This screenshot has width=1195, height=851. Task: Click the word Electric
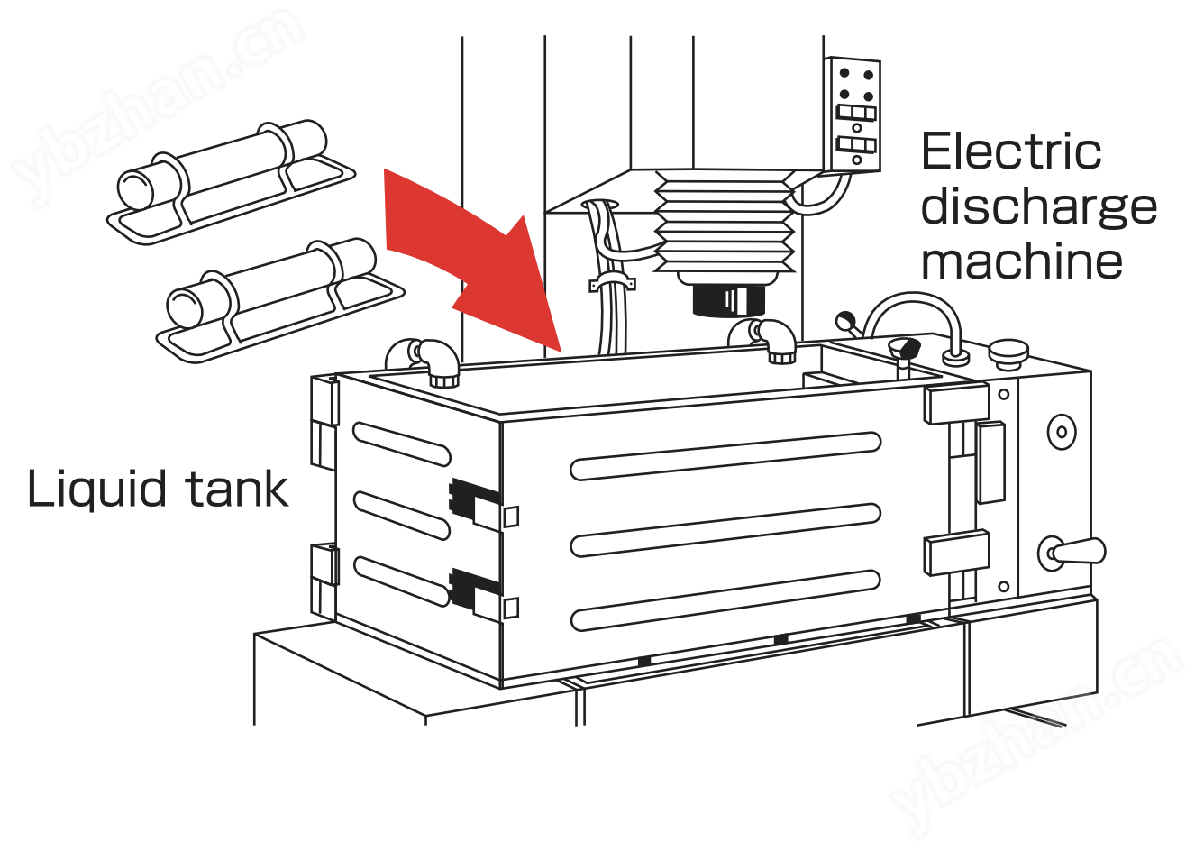coord(1011,151)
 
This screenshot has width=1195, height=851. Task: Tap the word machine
coord(1022,261)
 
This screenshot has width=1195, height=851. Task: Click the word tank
coord(238,490)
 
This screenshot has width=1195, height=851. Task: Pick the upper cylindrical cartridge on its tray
coord(231,181)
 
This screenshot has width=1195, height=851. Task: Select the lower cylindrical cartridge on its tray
coord(280,300)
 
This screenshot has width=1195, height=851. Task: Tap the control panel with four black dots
coord(852,114)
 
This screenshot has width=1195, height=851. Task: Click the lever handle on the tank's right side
coord(1072,553)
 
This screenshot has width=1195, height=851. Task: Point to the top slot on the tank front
coord(725,456)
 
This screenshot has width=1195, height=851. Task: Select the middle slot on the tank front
coord(725,530)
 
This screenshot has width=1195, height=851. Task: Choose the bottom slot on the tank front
coord(725,600)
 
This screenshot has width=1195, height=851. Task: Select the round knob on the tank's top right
coord(1008,353)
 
